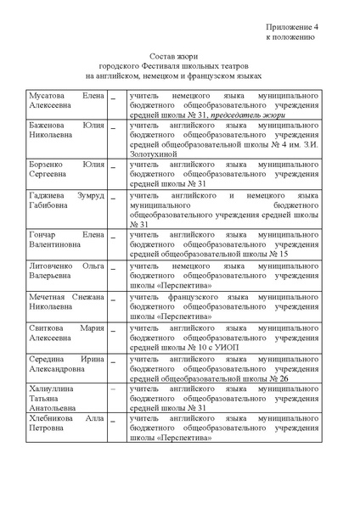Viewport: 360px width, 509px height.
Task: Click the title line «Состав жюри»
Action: pyautogui.click(x=179, y=54)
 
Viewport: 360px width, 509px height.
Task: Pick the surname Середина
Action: pyautogui.click(x=50, y=359)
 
